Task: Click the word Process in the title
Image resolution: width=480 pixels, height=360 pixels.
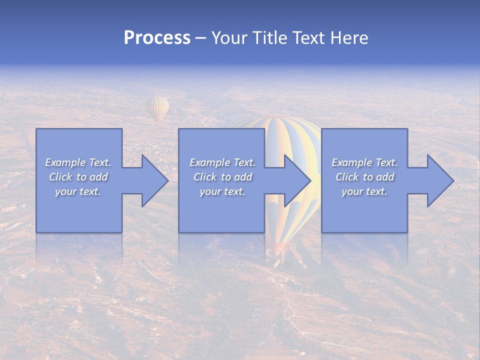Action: click(x=157, y=38)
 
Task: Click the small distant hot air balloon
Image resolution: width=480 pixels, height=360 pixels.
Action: click(x=157, y=108)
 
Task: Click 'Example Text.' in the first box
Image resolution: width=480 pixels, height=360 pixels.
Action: click(x=78, y=162)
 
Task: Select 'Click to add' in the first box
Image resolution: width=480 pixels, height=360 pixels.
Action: click(x=78, y=177)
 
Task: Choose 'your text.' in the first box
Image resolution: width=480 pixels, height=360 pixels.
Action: click(x=78, y=191)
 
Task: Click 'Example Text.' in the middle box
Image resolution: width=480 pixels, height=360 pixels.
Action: click(x=222, y=162)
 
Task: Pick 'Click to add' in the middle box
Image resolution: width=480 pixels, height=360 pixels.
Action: click(x=222, y=177)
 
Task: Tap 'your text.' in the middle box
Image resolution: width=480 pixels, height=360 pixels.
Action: click(x=222, y=191)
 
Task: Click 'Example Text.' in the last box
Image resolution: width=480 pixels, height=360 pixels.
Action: click(x=364, y=162)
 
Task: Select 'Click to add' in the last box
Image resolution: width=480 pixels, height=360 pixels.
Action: click(x=364, y=177)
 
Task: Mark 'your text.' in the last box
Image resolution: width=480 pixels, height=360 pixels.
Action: click(x=364, y=191)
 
